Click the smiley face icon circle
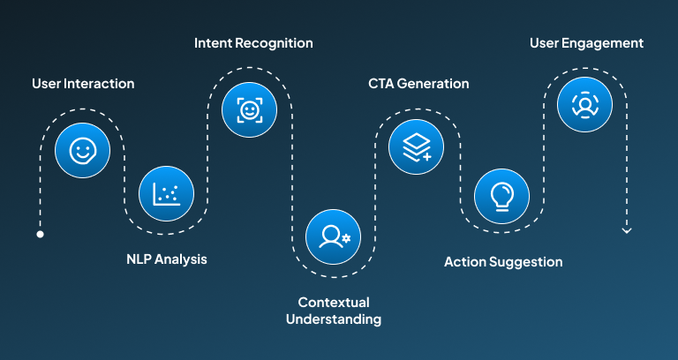coord(82,151)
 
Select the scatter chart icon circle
coord(166,193)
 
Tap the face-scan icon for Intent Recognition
coord(249,109)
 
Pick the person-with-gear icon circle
coord(333,236)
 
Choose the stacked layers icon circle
coord(417,151)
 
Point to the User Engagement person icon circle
coord(584,103)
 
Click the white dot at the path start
coord(40,235)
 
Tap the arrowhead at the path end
coord(627,230)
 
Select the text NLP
coord(139,259)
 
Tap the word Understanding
coord(334,319)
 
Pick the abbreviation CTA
coord(382,84)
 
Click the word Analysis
coord(182,259)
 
